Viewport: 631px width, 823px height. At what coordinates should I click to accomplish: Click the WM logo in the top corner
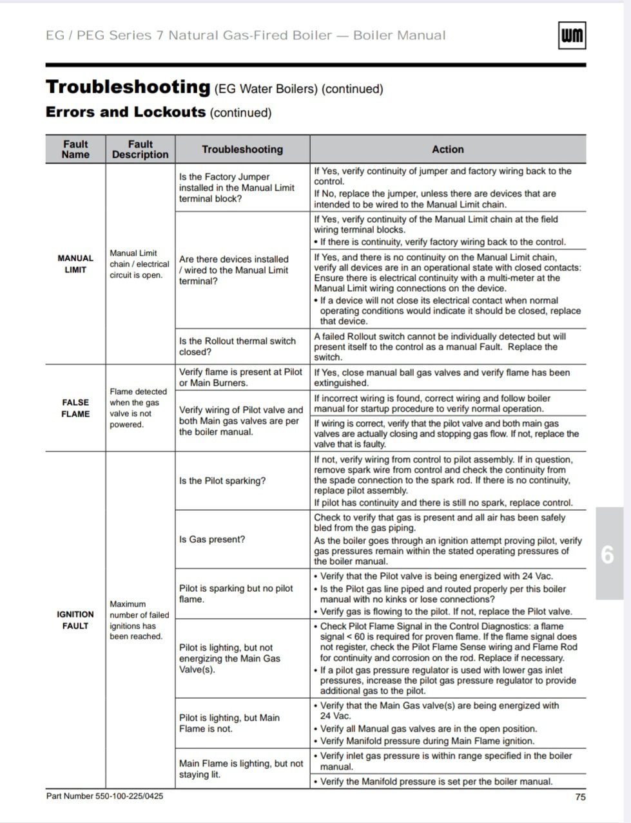(x=571, y=36)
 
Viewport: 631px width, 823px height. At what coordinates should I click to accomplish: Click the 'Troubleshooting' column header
(x=242, y=149)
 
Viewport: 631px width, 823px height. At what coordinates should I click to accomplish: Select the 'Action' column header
(x=447, y=149)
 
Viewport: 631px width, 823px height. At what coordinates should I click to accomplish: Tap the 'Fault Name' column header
(x=75, y=149)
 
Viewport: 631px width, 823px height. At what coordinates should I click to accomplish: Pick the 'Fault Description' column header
(x=140, y=149)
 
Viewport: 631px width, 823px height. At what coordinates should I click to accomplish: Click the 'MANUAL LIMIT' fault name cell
(x=75, y=264)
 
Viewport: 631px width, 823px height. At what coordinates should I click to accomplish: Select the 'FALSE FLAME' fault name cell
(x=75, y=408)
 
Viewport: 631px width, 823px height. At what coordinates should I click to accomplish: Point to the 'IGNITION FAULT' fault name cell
(x=75, y=620)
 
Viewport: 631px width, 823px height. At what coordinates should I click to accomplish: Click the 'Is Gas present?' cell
(x=212, y=540)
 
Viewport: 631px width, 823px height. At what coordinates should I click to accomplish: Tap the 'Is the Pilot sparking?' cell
(x=222, y=481)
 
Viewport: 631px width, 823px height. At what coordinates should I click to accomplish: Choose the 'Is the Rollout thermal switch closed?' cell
(x=237, y=346)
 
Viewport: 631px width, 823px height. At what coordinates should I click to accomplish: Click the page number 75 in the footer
(x=580, y=797)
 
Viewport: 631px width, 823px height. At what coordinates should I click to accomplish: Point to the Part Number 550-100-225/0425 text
(x=104, y=797)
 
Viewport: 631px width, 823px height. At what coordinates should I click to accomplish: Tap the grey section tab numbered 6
(x=607, y=554)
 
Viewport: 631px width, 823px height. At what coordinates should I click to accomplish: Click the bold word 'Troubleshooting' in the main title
(x=128, y=87)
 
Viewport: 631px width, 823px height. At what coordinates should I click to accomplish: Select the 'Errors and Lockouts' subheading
(x=126, y=112)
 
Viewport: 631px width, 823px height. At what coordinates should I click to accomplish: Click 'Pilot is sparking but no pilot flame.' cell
(x=236, y=594)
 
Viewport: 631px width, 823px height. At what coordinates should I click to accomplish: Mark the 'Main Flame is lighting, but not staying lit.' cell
(x=241, y=769)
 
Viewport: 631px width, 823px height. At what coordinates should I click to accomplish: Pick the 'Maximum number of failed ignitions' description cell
(x=139, y=620)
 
